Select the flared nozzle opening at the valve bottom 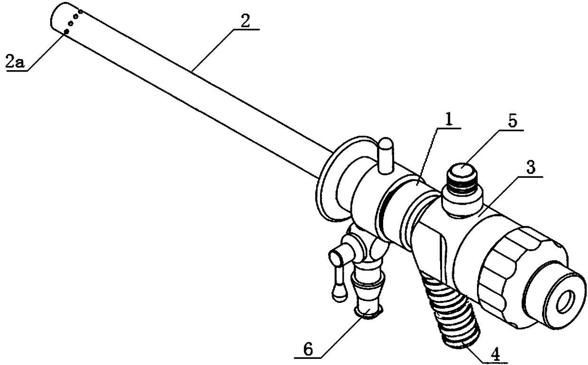(x=368, y=310)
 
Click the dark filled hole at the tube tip (x=66, y=31)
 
